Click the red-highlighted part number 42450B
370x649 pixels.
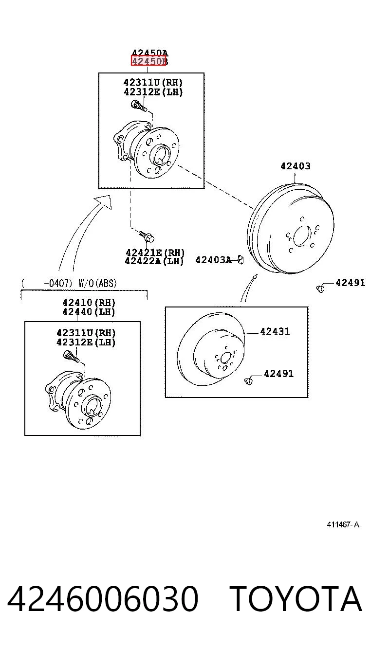tap(149, 61)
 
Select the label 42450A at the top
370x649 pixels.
tap(149, 53)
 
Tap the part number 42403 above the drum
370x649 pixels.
tap(296, 166)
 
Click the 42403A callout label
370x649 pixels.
tap(214, 260)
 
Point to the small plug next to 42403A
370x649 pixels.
tap(240, 260)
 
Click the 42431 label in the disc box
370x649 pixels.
tap(275, 331)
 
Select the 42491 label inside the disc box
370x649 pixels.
tap(278, 374)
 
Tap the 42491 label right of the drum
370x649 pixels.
tap(350, 283)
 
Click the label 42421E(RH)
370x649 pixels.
tap(155, 252)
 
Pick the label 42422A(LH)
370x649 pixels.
tap(154, 261)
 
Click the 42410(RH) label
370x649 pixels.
tap(89, 303)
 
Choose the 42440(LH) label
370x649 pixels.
tap(89, 312)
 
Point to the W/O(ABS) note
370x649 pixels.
tap(97, 283)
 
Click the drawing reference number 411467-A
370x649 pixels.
tap(343, 524)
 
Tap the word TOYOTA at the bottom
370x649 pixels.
tap(296, 598)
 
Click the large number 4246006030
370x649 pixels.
tap(103, 598)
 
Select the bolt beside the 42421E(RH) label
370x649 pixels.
tap(147, 236)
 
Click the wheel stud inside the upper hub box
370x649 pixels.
tap(139, 106)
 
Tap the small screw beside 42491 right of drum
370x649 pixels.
tap(320, 288)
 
